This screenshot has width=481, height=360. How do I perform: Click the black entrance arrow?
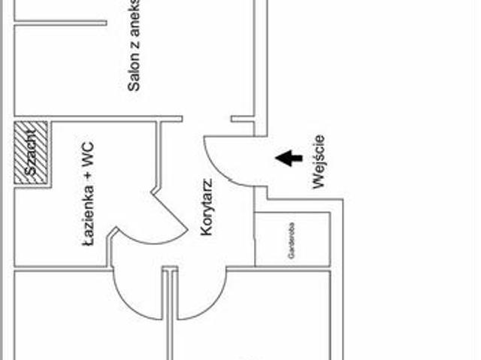pyautogui.click(x=289, y=158)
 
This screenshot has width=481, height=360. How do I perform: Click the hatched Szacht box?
pyautogui.click(x=31, y=154)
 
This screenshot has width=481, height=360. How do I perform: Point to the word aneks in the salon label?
pyautogui.click(x=135, y=15)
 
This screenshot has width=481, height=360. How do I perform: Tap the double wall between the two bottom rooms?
pyautogui.click(x=171, y=323)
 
